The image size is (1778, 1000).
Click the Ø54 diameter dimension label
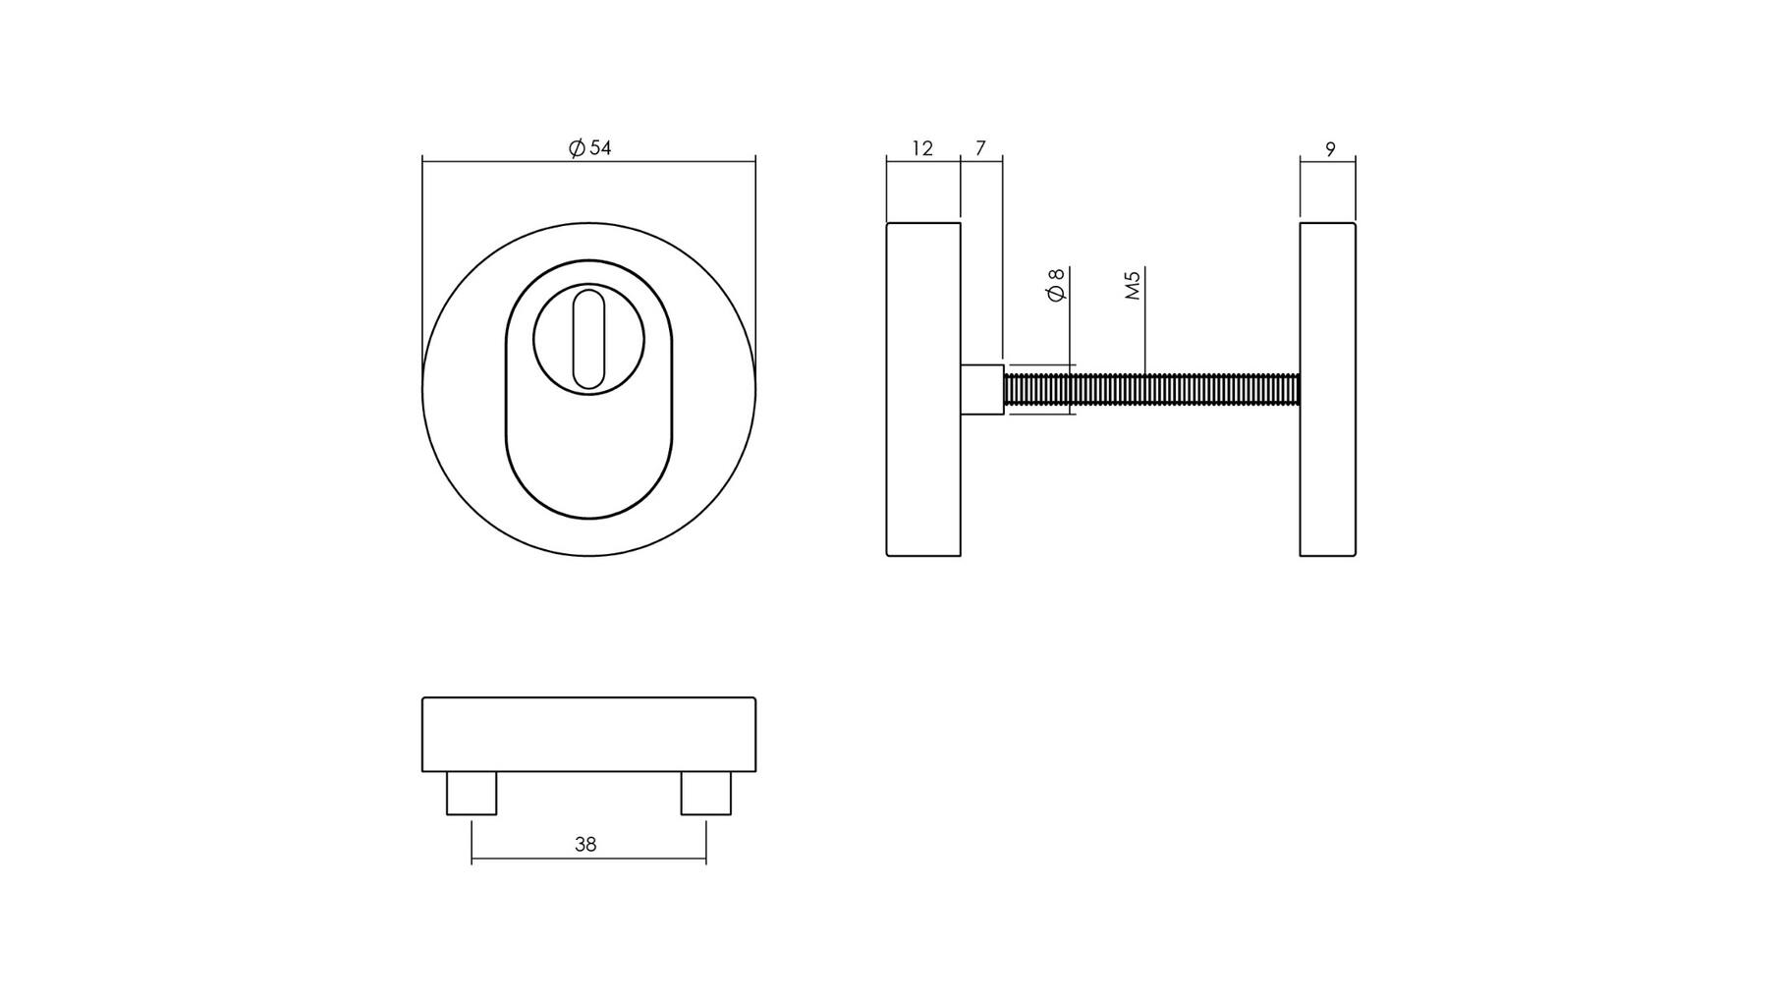point(589,148)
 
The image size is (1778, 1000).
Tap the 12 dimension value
point(922,148)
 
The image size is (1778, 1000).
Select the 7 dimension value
point(980,148)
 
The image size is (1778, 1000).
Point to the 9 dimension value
point(1330,149)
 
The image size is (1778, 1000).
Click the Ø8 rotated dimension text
point(1057,285)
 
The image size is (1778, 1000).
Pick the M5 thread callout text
point(1134,285)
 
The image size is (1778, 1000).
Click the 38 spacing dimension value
point(585,844)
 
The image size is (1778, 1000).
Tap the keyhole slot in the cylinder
point(588,338)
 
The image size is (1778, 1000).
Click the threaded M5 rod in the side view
point(1151,389)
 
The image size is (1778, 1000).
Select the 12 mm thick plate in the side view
point(923,389)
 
